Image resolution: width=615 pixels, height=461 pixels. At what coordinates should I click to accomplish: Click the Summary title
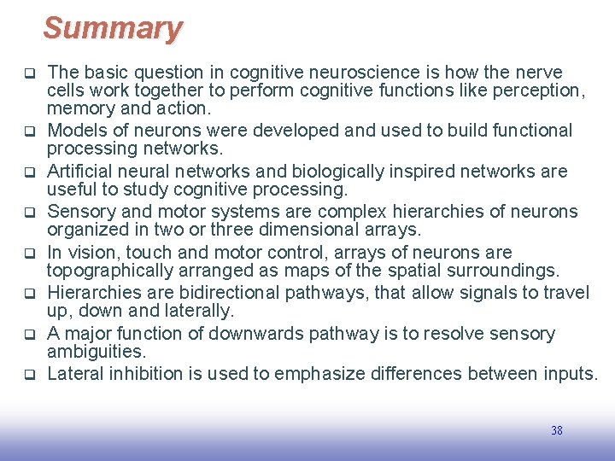click(x=113, y=28)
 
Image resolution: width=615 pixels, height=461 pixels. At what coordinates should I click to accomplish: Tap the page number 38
click(x=556, y=431)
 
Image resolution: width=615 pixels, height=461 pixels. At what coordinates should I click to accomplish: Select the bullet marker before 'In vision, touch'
click(x=28, y=254)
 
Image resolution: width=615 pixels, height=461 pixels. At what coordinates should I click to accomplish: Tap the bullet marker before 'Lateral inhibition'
click(x=28, y=375)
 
